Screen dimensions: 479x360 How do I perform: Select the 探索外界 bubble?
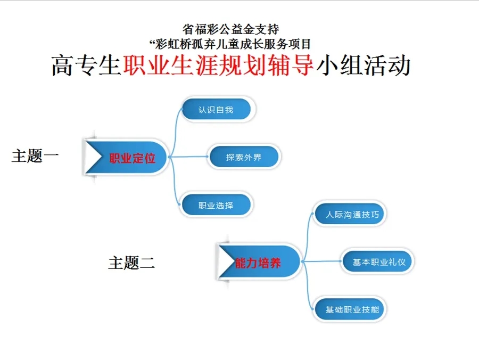tap(244, 157)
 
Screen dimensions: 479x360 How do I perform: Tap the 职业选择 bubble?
tap(216, 204)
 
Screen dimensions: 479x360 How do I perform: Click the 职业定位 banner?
tap(126, 158)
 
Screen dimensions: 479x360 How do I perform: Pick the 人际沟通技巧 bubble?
tap(350, 214)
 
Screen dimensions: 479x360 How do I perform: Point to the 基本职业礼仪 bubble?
tap(377, 261)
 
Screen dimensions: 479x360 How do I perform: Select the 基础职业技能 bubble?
tap(350, 309)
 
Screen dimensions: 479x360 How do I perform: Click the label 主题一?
tap(35, 156)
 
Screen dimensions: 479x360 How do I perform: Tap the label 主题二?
tap(131, 263)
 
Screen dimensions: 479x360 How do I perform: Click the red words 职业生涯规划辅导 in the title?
tap(218, 66)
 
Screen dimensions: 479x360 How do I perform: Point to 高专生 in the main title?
tap(86, 66)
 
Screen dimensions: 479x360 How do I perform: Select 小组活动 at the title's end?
tap(363, 66)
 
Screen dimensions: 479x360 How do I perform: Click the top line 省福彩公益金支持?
tap(230, 29)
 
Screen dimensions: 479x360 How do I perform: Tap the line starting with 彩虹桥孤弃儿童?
tap(230, 44)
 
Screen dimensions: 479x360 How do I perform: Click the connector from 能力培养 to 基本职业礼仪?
tap(321, 261)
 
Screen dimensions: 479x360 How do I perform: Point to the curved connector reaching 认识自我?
tap(175, 132)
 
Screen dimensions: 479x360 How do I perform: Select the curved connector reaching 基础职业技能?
tap(308, 286)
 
